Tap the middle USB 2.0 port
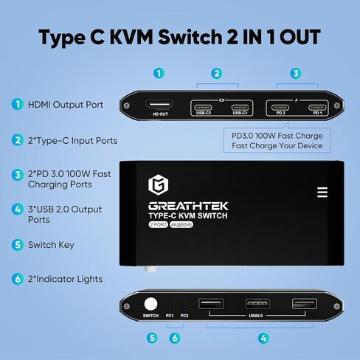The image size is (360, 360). click(257, 304)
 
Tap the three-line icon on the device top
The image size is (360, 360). click(322, 192)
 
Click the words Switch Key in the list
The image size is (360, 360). click(52, 244)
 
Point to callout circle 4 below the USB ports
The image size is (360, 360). click(263, 339)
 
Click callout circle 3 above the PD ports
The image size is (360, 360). click(296, 73)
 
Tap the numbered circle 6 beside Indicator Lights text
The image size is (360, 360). click(17, 279)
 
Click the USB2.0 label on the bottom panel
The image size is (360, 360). click(256, 316)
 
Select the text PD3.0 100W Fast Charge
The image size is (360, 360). click(275, 136)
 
